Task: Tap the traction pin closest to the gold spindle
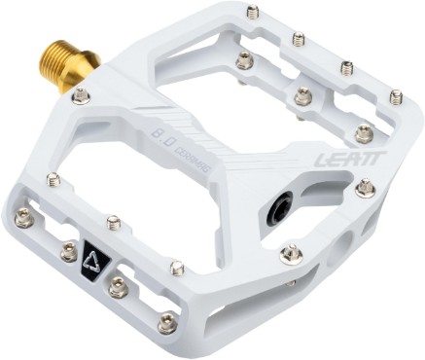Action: (82, 95)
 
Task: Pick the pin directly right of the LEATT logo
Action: (366, 187)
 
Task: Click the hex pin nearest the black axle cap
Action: (290, 254)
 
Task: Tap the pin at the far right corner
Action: (396, 96)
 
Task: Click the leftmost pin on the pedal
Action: (24, 219)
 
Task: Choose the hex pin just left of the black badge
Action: (68, 252)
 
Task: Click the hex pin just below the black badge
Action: (117, 286)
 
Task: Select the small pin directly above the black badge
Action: (114, 223)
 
